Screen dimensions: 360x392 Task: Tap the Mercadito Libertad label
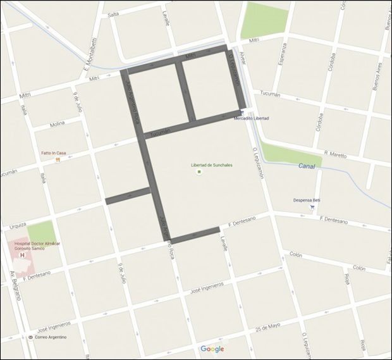251,118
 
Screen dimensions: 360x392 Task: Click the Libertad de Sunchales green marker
199,171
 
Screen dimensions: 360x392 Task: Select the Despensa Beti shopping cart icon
312,206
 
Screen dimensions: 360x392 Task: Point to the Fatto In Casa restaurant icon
58,160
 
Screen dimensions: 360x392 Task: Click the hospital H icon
23,256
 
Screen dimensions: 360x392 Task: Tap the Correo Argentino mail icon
30,338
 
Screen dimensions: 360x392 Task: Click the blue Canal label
306,166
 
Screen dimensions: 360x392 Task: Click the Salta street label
113,14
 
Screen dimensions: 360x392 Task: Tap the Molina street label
58,125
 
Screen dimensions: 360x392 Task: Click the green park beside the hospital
41,233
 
